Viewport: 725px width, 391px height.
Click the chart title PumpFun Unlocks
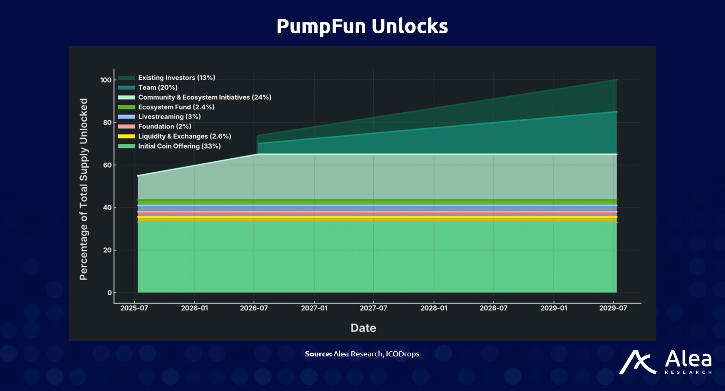pos(362,26)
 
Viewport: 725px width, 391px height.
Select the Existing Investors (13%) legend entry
pos(176,78)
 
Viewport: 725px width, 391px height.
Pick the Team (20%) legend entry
pos(158,87)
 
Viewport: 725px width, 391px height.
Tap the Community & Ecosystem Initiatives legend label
pos(205,97)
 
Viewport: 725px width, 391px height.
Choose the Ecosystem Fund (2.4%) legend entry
pos(176,107)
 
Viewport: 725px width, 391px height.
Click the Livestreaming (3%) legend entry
pos(169,116)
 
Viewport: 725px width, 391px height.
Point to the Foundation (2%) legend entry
pos(164,126)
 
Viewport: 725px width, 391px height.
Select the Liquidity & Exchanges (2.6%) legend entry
pos(184,136)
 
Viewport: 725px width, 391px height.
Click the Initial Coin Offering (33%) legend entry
pos(179,146)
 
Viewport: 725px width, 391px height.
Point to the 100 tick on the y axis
pos(106,80)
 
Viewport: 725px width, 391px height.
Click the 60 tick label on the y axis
pos(108,165)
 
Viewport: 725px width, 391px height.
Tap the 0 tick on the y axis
pos(110,293)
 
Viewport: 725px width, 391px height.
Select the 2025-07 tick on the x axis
pos(134,308)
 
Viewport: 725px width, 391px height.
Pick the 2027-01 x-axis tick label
pos(314,308)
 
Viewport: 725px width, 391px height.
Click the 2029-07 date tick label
pos(613,308)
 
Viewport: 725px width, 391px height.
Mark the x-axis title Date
pos(363,328)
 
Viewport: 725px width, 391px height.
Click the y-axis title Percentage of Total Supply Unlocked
pos(84,189)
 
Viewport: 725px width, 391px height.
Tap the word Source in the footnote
pos(318,354)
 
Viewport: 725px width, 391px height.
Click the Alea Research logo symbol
pos(637,362)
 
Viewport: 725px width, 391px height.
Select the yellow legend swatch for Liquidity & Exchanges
pos(127,136)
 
